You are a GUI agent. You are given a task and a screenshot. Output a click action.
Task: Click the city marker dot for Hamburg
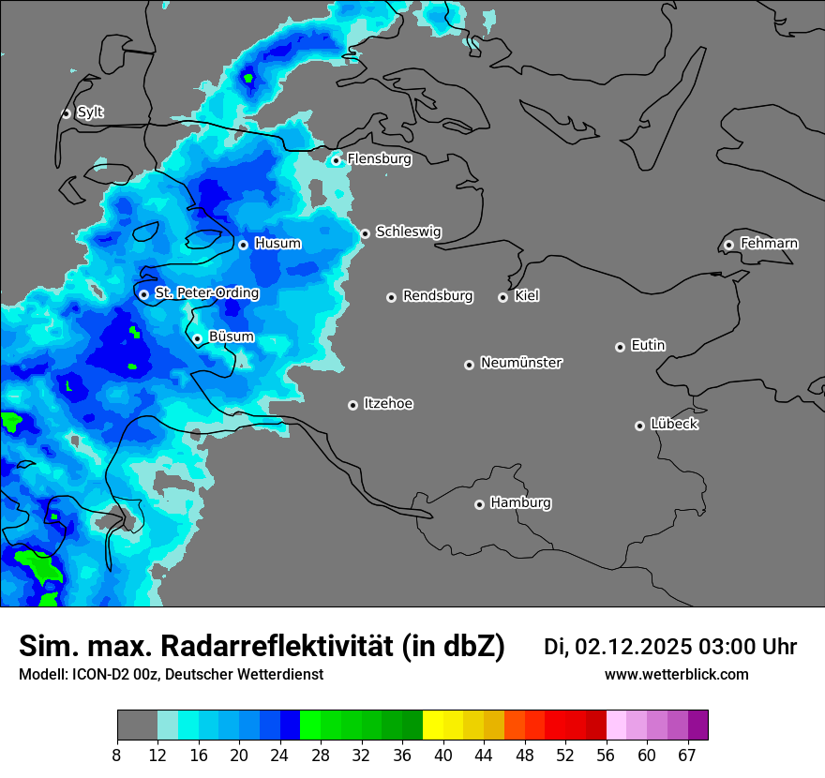tap(479, 504)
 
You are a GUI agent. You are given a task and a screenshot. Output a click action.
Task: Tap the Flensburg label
tap(379, 159)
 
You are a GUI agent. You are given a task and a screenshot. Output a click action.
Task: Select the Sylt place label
tap(90, 112)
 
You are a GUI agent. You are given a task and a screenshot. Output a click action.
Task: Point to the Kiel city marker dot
tap(502, 297)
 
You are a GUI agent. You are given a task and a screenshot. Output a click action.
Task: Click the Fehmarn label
tap(769, 244)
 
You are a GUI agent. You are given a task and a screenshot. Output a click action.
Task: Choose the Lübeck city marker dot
tap(639, 426)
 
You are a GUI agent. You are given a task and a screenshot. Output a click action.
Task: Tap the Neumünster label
tap(521, 363)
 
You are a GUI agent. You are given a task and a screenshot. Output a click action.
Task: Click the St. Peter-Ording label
tap(206, 293)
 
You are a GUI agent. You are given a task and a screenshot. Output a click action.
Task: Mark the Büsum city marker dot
tap(197, 339)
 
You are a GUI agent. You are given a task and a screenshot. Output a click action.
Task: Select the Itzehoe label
tap(388, 404)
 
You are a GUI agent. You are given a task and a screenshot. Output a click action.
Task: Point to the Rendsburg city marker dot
tap(391, 297)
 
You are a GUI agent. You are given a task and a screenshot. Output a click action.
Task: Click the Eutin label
tap(648, 346)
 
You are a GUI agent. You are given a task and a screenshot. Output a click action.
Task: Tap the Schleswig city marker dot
tap(365, 233)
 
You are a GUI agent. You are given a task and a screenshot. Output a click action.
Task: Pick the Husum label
tap(277, 244)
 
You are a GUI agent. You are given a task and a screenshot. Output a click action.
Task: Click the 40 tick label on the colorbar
tap(443, 754)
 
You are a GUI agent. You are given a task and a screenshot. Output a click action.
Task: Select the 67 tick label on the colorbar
tap(687, 754)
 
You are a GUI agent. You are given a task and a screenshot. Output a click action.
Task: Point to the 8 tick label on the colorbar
tap(117, 754)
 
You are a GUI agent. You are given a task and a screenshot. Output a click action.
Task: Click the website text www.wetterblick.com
tap(676, 675)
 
